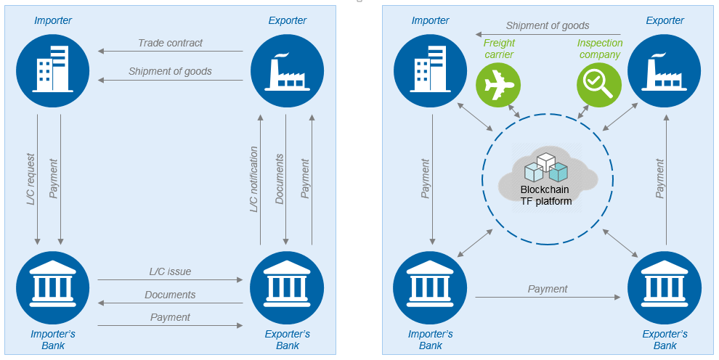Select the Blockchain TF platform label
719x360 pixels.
[546, 195]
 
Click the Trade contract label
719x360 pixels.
[171, 43]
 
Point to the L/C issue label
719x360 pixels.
[170, 271]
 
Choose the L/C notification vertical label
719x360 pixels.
[254, 180]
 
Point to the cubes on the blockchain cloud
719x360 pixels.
[546, 168]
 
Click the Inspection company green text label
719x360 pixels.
[599, 49]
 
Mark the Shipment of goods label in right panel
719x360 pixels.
[548, 26]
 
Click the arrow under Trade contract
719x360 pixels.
[171, 52]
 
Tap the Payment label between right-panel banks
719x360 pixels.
[548, 289]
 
